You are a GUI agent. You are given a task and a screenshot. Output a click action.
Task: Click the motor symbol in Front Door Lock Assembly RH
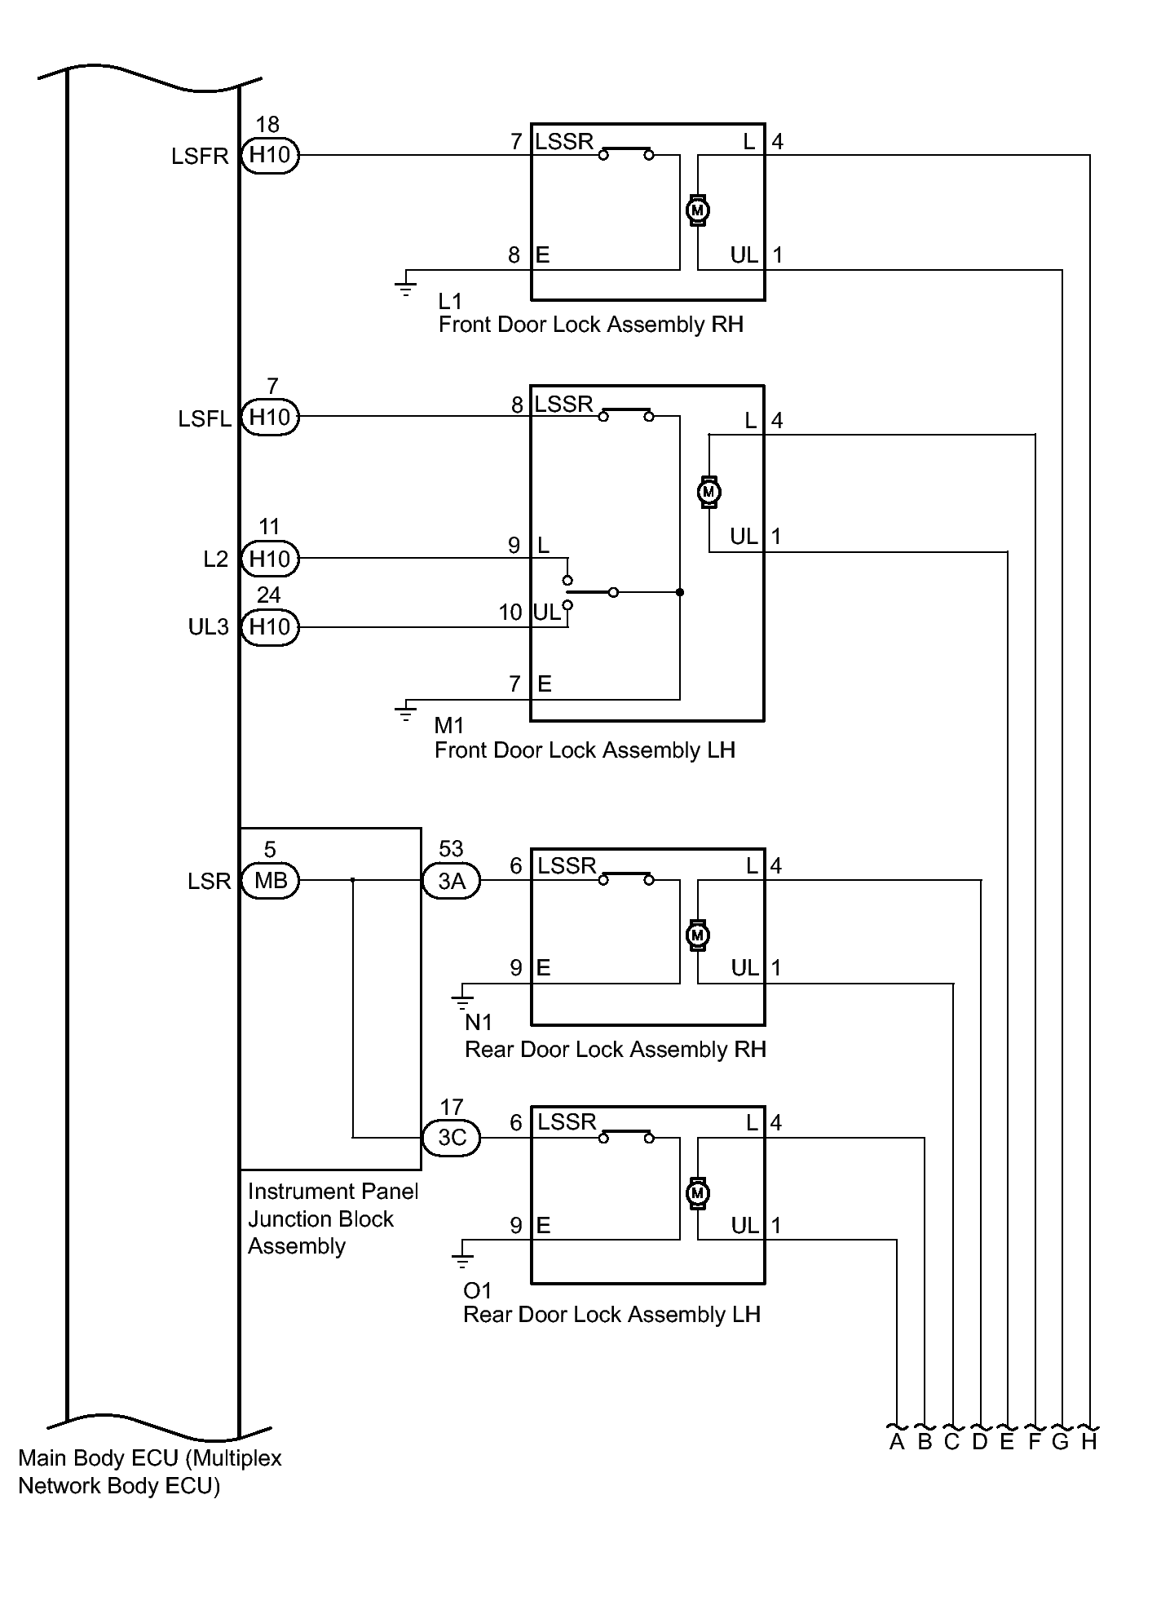coord(697,210)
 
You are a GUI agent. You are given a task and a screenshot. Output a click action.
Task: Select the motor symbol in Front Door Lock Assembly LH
coord(709,492)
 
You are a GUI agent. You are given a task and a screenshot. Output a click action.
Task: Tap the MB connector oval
coord(271,881)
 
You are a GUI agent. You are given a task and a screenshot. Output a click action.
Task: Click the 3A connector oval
coord(452,881)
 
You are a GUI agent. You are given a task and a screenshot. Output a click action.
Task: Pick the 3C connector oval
coord(452,1138)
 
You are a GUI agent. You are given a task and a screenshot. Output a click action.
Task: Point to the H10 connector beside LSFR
coord(271,155)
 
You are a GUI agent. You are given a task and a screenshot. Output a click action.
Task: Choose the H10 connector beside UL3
coord(271,627)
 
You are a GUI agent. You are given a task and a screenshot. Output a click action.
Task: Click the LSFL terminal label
coord(205,419)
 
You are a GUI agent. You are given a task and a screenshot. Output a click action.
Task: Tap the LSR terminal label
coord(210,882)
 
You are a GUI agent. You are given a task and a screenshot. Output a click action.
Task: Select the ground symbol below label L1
coord(405,286)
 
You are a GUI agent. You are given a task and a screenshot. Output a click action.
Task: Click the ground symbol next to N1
coord(461,1000)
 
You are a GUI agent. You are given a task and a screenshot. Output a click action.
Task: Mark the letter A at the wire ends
coord(897,1442)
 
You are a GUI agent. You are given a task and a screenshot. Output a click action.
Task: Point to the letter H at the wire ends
coord(1089,1442)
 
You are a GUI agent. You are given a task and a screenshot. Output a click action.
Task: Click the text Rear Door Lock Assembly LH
coord(611,1314)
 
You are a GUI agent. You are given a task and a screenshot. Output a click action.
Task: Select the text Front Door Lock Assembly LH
coord(585,750)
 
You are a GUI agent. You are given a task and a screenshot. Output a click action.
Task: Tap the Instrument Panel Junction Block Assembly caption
coord(332,1218)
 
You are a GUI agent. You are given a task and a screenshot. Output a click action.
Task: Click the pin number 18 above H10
coord(267,125)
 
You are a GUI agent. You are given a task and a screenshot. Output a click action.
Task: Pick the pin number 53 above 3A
coord(451,850)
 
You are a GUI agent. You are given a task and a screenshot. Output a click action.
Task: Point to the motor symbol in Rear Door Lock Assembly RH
coord(697,935)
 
